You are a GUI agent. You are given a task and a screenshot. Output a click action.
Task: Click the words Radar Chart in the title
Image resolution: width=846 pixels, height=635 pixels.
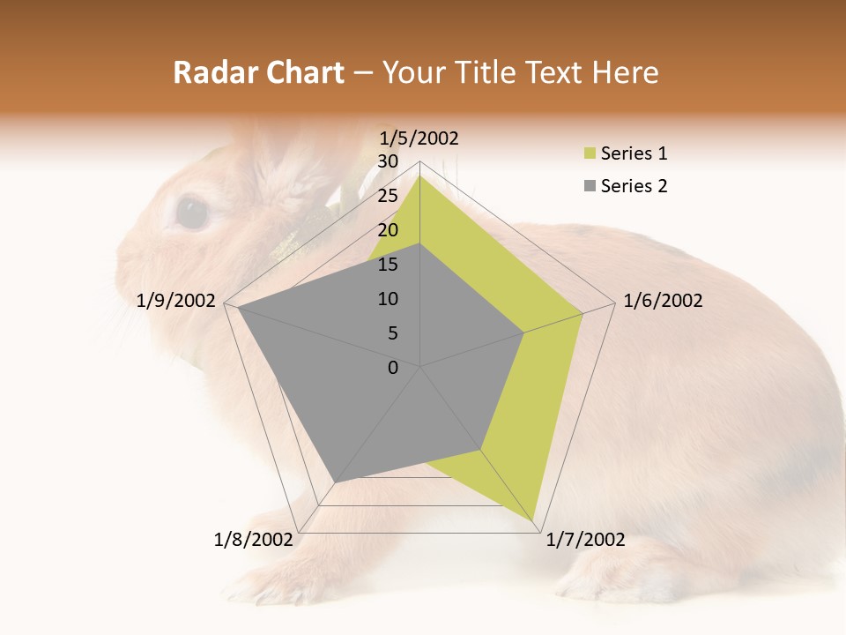point(257,73)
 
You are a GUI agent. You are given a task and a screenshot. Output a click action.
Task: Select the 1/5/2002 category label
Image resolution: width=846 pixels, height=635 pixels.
point(419,138)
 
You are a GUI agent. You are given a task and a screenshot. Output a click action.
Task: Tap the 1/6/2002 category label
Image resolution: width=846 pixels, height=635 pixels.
point(663,301)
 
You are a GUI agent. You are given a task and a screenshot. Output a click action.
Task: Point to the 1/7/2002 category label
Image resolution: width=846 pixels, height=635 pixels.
point(585,540)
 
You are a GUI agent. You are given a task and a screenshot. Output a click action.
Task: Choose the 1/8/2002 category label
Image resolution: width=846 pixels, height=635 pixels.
point(253,540)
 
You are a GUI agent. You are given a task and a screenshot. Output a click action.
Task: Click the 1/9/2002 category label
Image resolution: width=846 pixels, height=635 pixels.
point(176,301)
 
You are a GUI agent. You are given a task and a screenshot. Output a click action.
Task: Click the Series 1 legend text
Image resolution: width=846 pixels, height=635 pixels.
point(634,153)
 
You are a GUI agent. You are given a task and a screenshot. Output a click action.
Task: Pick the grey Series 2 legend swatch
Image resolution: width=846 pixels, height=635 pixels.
point(590,186)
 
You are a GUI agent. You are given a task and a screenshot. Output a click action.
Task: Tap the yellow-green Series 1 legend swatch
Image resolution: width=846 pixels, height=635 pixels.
point(590,154)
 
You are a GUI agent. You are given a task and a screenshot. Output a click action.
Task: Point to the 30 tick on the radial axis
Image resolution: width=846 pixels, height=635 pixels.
point(388,161)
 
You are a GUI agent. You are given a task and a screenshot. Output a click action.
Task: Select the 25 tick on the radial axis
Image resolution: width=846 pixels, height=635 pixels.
point(388,196)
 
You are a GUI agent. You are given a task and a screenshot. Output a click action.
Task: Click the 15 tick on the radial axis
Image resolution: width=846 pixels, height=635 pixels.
point(388,265)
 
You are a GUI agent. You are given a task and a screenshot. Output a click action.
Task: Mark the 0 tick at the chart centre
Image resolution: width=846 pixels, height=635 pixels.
point(393,368)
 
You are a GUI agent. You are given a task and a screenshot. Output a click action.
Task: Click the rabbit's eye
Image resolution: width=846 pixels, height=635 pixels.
point(192,213)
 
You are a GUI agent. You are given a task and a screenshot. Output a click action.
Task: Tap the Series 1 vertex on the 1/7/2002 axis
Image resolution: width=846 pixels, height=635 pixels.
point(534,521)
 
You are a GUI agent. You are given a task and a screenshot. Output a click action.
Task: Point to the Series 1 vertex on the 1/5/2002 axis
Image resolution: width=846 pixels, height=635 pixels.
point(420,176)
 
